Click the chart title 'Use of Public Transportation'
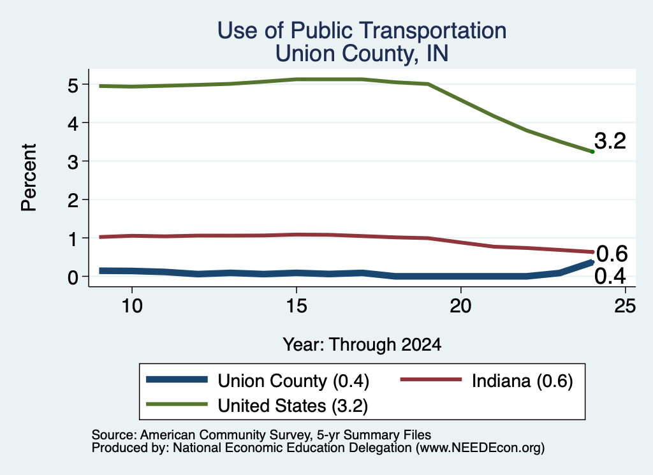[362, 31]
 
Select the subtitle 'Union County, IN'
[362, 54]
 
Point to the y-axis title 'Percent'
[29, 178]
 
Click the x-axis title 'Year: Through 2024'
[362, 345]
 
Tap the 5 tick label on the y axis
[73, 85]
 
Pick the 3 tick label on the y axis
[73, 162]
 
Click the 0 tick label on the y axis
[73, 277]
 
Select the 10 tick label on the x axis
[132, 306]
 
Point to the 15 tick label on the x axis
[297, 306]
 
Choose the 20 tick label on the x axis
[460, 306]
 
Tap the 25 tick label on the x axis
[625, 306]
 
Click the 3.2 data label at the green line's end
[610, 141]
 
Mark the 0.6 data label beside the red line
[612, 254]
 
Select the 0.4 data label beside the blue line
[610, 276]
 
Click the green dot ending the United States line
[592, 152]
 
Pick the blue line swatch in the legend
[177, 379]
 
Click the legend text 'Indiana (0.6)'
[522, 381]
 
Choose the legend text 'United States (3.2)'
[293, 406]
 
